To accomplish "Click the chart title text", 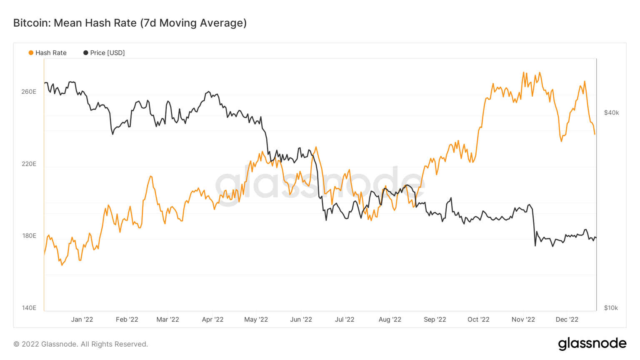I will (130, 23).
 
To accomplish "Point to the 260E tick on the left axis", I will (29, 92).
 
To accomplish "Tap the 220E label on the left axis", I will (29, 164).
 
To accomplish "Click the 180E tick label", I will (29, 236).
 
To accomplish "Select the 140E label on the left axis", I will (29, 308).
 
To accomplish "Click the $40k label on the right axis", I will (611, 113).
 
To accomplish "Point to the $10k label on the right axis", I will (611, 308).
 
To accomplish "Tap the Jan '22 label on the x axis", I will (82, 320).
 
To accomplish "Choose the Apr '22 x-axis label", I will (212, 320).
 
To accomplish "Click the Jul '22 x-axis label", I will (345, 320).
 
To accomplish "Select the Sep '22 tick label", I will (435, 320).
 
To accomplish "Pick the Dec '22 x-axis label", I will (567, 320).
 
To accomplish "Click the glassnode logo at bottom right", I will (592, 344).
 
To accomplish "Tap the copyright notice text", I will (81, 344).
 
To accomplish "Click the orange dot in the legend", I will (31, 53).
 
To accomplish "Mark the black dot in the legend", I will (86, 53).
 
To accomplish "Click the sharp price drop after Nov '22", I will (534, 229).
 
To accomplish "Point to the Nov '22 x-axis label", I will (523, 320).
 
